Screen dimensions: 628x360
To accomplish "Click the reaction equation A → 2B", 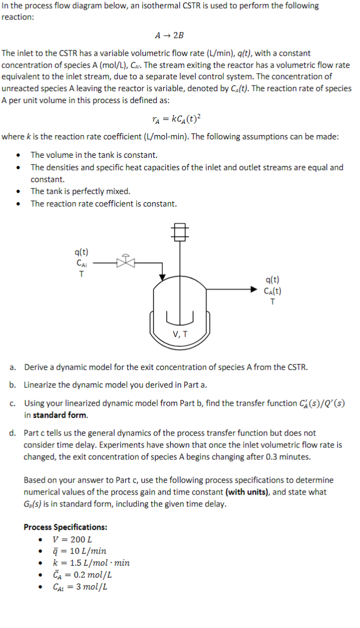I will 169,35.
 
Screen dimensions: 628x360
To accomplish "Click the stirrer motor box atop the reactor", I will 181,230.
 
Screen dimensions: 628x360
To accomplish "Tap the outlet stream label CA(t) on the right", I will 272,291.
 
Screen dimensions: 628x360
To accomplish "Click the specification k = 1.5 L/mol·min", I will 91,563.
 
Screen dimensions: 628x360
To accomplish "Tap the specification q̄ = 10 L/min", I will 79,551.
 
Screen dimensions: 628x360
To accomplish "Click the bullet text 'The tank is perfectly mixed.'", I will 80,191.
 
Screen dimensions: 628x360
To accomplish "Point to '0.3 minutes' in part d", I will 289,457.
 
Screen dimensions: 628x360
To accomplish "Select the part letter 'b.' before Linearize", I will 13,385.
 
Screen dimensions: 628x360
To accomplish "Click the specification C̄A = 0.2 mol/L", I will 82,575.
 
